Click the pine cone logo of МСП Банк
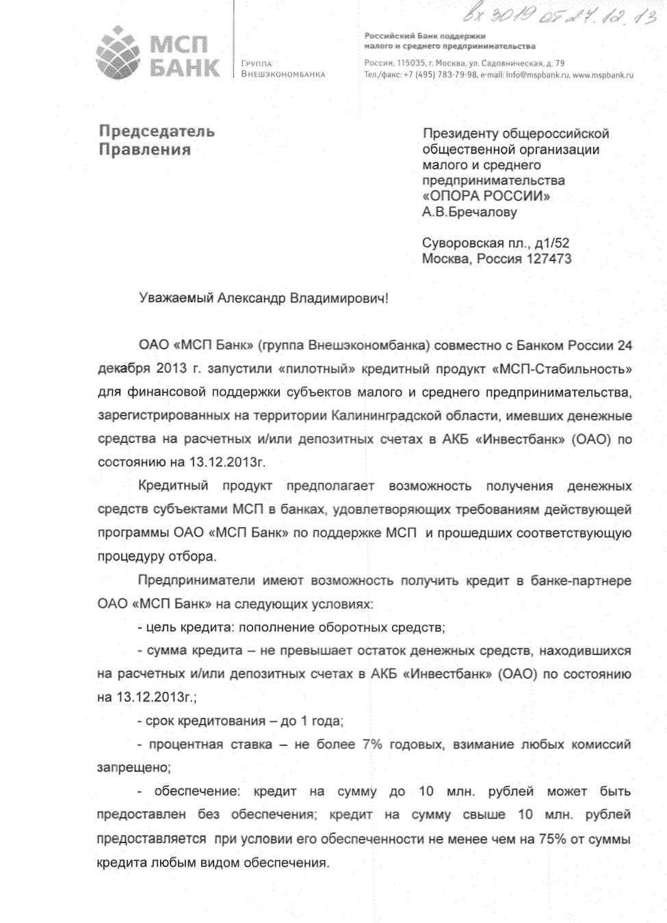118,52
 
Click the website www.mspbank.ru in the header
603,75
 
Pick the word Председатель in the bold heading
157,131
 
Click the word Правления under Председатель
144,150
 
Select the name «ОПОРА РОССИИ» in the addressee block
486,196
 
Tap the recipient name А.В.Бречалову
469,212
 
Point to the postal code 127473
549,258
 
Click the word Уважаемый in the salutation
176,298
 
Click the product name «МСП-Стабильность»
562,369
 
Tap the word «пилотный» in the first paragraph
317,369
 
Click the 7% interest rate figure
372,744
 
